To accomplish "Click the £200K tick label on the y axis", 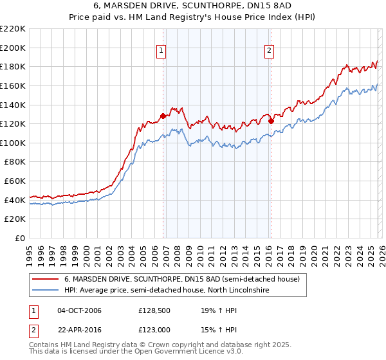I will point(13,48).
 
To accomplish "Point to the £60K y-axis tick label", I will point(15,181).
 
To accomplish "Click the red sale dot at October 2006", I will point(163,116).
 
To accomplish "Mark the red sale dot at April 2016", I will point(271,121).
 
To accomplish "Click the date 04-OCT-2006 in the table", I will point(79,310).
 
